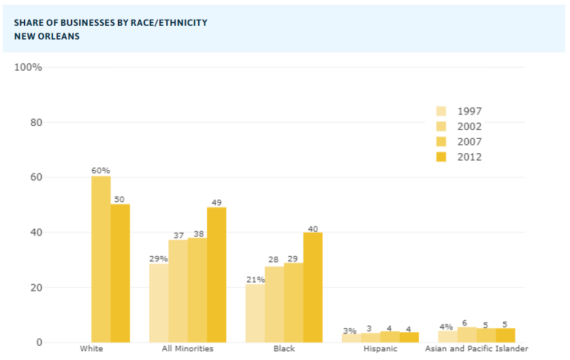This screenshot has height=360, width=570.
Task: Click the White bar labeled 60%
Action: click(x=101, y=259)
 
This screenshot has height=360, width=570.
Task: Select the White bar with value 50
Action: click(x=121, y=272)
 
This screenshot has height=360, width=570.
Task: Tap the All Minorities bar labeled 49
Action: click(x=217, y=274)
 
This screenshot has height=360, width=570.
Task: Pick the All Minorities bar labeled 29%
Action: click(x=159, y=302)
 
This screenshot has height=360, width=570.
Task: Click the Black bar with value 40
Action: click(x=313, y=287)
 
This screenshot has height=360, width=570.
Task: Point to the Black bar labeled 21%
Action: click(x=255, y=313)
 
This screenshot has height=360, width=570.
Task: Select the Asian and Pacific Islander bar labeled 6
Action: click(x=467, y=335)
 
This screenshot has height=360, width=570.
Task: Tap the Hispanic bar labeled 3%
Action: click(x=351, y=338)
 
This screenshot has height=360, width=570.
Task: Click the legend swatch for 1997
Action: click(x=441, y=112)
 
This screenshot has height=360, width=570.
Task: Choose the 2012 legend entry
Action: click(x=469, y=157)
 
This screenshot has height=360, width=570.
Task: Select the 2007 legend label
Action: click(x=469, y=142)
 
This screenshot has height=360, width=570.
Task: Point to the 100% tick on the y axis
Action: click(x=28, y=67)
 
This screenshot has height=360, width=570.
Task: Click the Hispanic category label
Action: click(x=380, y=349)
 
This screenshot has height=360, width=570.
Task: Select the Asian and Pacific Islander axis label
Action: click(x=477, y=349)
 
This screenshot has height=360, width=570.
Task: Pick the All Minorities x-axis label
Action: click(x=187, y=349)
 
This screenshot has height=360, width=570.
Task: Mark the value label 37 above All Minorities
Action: click(x=178, y=235)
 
